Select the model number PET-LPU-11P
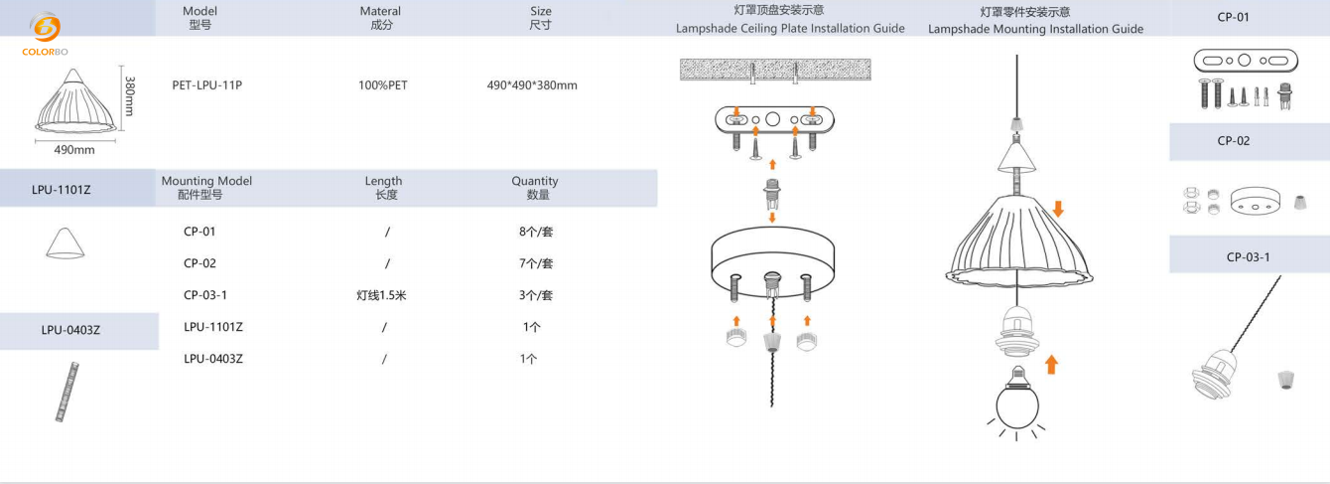tap(206, 85)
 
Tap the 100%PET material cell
tap(382, 85)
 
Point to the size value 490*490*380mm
tap(532, 85)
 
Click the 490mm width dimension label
tap(73, 150)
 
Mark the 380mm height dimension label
tap(129, 95)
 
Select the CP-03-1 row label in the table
tap(205, 295)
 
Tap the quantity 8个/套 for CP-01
tap(535, 232)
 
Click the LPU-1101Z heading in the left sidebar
tap(61, 189)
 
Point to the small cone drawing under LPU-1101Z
tap(65, 242)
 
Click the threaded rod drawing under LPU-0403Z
tap(67, 392)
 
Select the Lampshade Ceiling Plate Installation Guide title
tap(790, 29)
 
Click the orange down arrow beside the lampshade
tap(1058, 209)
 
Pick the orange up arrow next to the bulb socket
tap(1051, 365)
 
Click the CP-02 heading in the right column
tap(1234, 141)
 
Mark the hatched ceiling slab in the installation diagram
tap(774, 69)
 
